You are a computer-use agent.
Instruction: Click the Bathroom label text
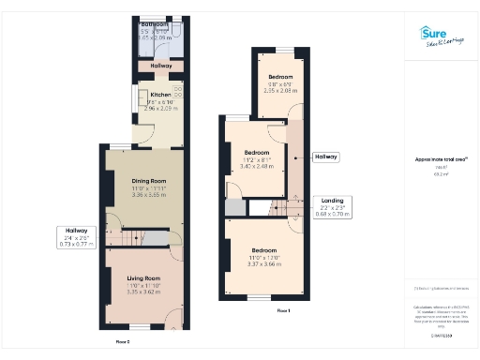[153, 23]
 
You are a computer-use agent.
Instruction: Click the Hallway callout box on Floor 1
[327, 157]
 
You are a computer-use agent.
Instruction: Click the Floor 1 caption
[283, 310]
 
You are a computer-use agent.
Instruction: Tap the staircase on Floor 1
[278, 207]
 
